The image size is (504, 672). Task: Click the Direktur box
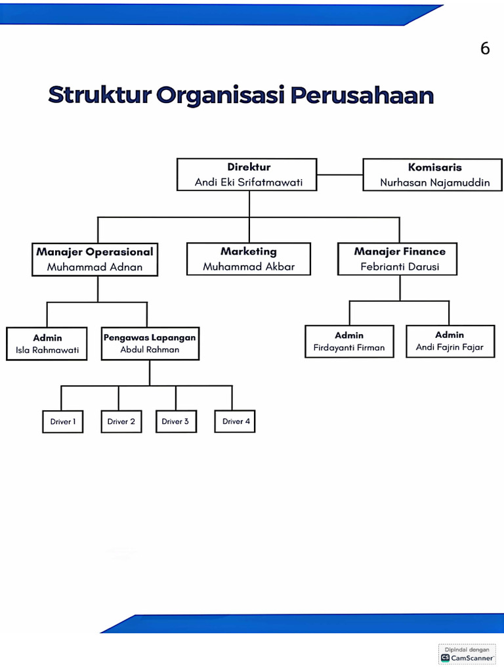247,175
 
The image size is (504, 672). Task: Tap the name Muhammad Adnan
94,267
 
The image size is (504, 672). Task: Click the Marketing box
249,259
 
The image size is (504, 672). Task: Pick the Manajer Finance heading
400,251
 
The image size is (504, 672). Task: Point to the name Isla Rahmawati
47,350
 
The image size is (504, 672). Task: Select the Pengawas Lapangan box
150,343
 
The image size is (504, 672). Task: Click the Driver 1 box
63,421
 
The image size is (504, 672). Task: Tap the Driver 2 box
121,421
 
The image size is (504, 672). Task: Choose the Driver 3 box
175,421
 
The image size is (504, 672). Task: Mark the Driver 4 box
236,421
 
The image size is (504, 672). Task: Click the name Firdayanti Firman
349,348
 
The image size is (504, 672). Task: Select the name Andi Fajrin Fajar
450,347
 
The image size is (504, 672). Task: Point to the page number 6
485,49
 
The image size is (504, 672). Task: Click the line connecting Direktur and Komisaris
340,175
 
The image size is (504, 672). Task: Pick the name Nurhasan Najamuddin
435,182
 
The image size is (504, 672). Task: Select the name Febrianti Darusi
400,266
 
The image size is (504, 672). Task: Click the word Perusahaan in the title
362,95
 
